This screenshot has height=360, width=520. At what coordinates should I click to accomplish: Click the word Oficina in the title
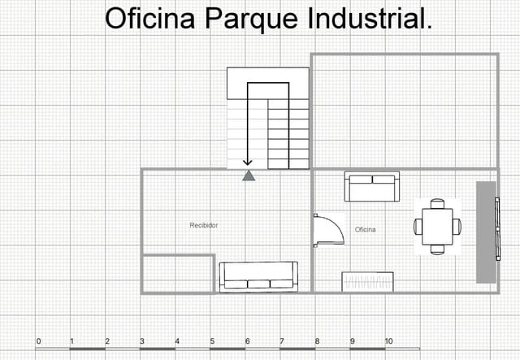click(151, 20)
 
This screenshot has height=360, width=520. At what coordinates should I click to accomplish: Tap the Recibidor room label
click(204, 224)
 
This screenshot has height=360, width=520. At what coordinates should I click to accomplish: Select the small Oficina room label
click(366, 229)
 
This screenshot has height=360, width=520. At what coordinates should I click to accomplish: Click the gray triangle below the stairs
click(249, 175)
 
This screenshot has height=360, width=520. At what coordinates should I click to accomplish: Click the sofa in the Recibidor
click(258, 276)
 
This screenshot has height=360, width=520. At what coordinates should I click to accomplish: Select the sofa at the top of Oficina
click(372, 187)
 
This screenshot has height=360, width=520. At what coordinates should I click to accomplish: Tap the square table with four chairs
click(437, 226)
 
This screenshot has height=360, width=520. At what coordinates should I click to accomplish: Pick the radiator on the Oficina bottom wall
click(368, 282)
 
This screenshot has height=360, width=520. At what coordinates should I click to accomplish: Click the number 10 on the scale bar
click(388, 340)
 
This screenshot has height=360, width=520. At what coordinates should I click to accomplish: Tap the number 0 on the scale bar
click(39, 340)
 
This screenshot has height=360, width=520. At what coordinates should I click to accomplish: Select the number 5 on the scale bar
click(213, 340)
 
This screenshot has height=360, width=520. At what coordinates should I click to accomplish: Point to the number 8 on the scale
click(318, 340)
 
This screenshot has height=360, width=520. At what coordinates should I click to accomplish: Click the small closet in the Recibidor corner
click(178, 273)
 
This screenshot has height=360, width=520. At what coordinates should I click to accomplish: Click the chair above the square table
click(437, 203)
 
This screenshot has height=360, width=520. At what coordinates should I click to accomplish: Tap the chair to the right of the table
click(457, 226)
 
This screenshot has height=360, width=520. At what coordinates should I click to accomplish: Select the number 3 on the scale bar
click(142, 340)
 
